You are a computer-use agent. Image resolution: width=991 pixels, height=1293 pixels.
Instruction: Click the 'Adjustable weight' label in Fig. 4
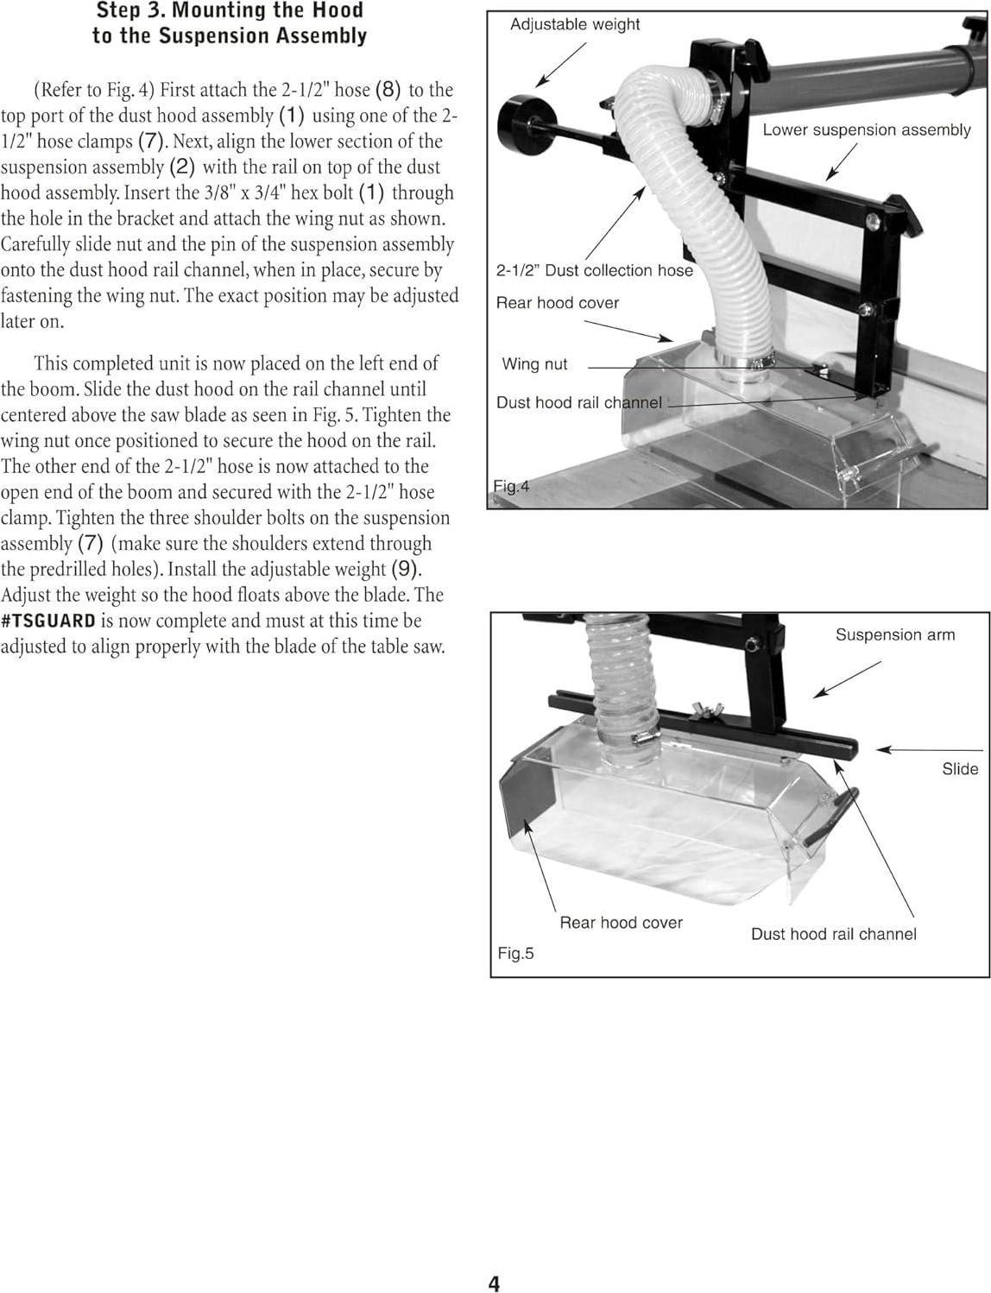pos(575,25)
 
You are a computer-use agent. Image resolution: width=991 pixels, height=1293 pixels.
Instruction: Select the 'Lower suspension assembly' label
pos(866,130)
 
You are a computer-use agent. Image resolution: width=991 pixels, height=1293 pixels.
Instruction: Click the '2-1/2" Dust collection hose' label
pos(594,271)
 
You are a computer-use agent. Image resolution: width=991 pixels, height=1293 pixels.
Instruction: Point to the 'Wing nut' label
pos(534,364)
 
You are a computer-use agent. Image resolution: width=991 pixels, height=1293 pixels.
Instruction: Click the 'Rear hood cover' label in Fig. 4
pos(557,303)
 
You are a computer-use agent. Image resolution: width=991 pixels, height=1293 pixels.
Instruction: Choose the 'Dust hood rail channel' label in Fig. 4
pos(578,403)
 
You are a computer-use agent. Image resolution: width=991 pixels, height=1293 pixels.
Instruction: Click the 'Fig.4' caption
pos(510,487)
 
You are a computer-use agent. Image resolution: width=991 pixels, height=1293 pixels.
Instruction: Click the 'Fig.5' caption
pos(515,954)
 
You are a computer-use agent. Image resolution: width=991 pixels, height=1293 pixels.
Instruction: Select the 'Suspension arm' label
pos(894,635)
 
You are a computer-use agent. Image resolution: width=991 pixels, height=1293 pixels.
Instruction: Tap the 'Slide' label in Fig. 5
pos(959,769)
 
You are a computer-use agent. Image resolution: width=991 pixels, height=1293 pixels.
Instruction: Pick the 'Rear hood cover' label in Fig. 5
pos(621,923)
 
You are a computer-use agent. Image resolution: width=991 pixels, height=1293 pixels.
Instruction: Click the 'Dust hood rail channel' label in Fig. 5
pos(833,934)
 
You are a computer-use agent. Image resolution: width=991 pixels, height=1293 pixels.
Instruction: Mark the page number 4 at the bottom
pos(494,1284)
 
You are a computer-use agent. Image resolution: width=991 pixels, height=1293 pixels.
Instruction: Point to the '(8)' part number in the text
pos(388,90)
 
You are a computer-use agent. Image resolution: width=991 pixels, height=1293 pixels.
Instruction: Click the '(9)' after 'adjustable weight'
pos(406,570)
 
